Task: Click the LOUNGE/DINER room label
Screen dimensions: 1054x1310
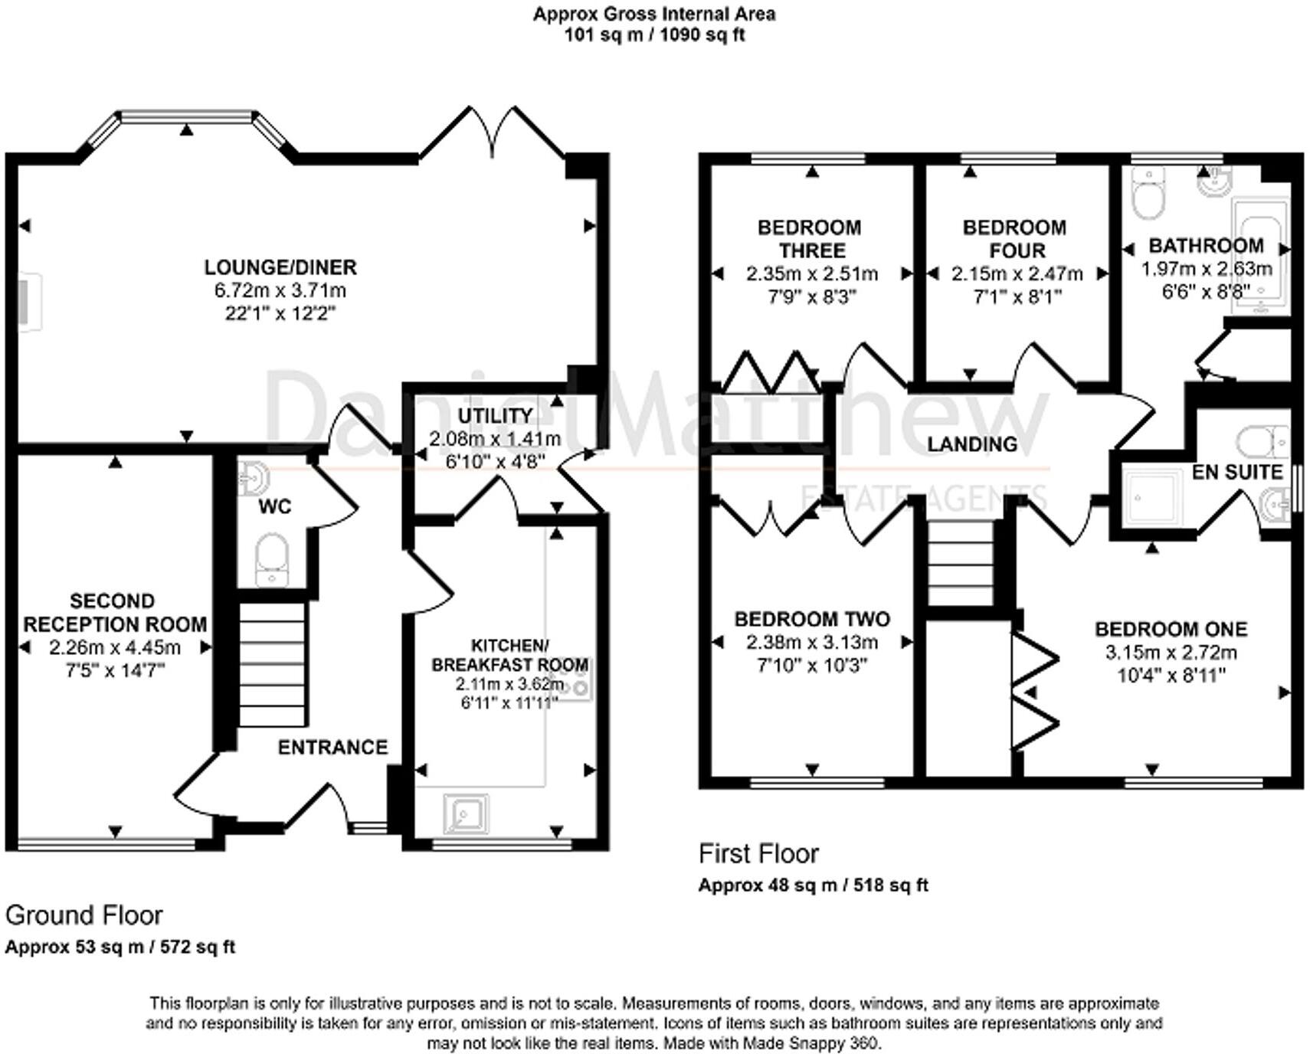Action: pos(280,267)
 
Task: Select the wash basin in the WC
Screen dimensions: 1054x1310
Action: pos(253,478)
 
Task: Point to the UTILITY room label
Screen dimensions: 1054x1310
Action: pos(495,415)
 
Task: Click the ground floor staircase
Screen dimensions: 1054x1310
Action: pos(273,663)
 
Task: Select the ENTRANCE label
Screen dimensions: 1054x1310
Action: pos(332,747)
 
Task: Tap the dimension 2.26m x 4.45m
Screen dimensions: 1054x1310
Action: pos(115,647)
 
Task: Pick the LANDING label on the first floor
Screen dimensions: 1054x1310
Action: pos(972,444)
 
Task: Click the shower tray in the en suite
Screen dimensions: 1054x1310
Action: pos(1152,498)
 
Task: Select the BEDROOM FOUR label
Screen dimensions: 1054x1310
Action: pos(1014,238)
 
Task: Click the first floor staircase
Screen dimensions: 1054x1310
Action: pos(961,563)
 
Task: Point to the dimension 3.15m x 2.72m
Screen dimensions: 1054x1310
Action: pos(1171,653)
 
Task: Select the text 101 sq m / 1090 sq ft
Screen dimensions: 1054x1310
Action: pos(654,34)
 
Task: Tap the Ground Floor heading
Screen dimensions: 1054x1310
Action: pos(84,915)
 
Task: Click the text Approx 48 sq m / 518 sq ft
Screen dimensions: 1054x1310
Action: pos(813,885)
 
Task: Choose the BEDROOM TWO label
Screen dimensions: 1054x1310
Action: pos(812,619)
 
